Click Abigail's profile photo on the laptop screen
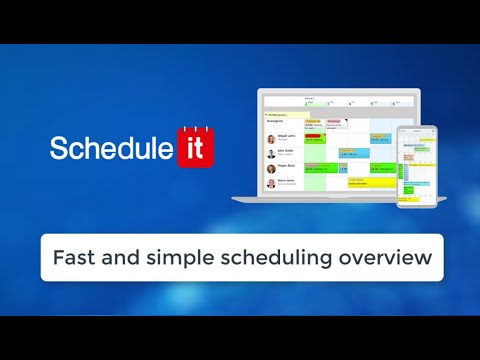(270, 139)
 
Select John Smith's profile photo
(270, 154)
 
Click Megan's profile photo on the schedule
(270, 169)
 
